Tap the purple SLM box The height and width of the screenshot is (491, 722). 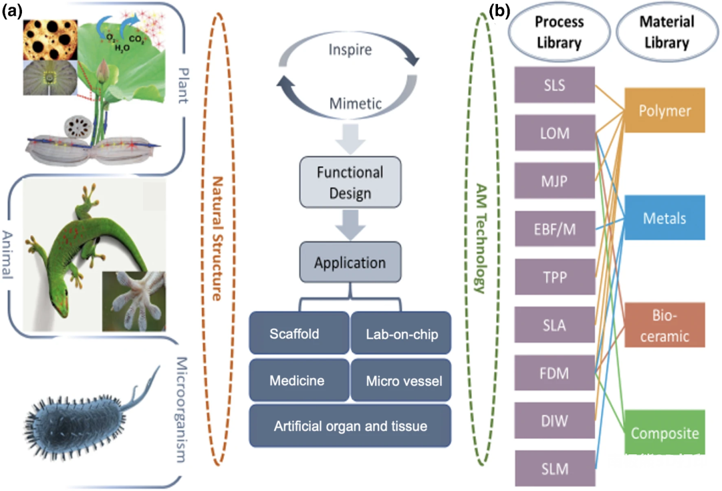[556, 469]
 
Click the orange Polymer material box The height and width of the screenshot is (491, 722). [665, 110]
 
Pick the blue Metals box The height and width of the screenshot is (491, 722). [665, 218]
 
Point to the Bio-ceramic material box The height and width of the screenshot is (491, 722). [665, 325]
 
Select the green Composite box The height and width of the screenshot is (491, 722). [665, 433]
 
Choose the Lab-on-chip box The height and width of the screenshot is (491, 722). [401, 333]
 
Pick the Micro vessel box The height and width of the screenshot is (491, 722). [401, 381]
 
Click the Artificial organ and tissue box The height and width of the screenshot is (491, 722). [350, 426]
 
